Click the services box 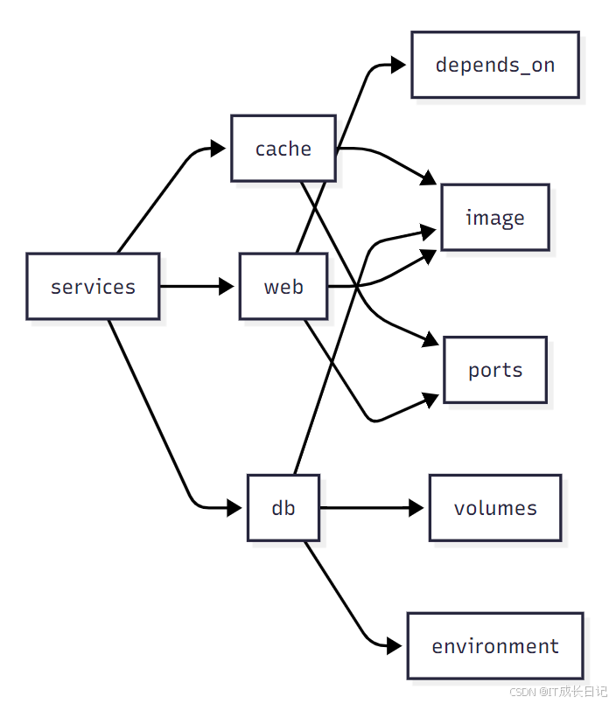tap(93, 287)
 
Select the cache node tap(283, 149)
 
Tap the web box tap(283, 287)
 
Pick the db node tap(283, 508)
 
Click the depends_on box tap(494, 65)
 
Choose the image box tap(494, 218)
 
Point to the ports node tap(494, 370)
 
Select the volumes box tap(494, 508)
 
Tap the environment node tap(494, 646)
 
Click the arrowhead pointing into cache tap(220, 149)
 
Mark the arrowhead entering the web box tap(227, 287)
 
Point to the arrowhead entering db tap(234, 508)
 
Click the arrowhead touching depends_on tap(399, 65)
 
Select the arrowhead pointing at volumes tap(416, 508)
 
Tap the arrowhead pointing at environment tap(395, 646)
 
